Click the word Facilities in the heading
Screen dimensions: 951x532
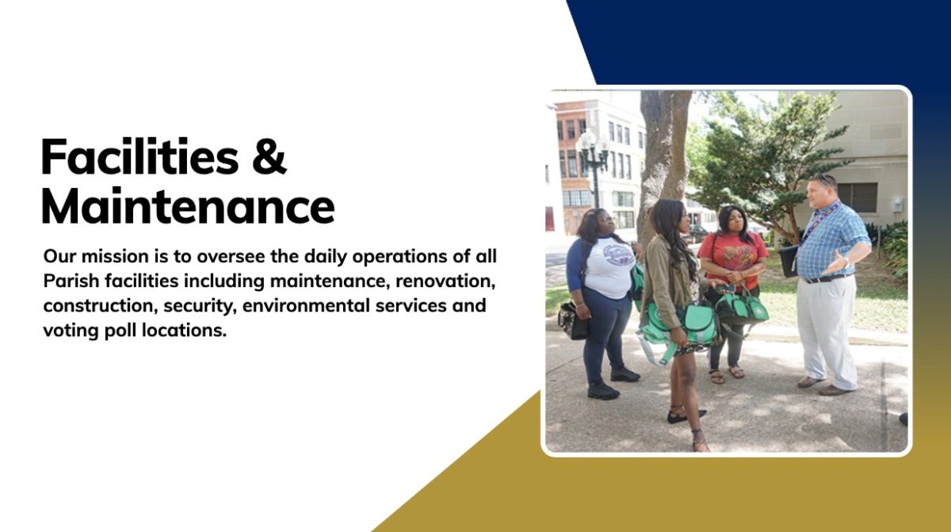tap(139, 156)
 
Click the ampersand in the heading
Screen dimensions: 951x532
tap(269, 156)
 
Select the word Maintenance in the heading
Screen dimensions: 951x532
tap(188, 205)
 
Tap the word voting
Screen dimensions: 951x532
tap(71, 331)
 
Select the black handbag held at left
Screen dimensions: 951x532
tap(572, 320)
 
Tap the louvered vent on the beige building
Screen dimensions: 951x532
tap(857, 197)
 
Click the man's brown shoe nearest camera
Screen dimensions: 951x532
tap(834, 390)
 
